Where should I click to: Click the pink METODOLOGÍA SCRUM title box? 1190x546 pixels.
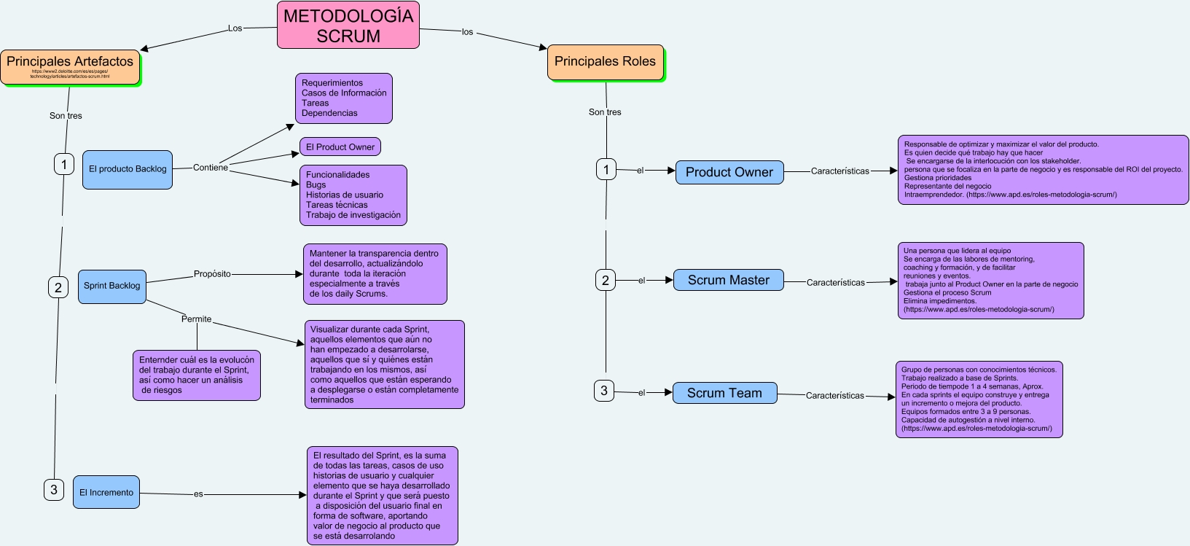pyautogui.click(x=348, y=26)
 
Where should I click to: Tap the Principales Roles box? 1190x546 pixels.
pyautogui.click(x=605, y=62)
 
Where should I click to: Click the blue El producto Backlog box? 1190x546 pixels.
pyautogui.click(x=128, y=169)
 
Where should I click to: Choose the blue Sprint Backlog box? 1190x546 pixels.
pyautogui.click(x=112, y=286)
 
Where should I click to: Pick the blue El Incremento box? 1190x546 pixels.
pyautogui.click(x=106, y=493)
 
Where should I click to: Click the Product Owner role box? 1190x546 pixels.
pyautogui.click(x=729, y=172)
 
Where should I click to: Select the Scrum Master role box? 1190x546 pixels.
pyautogui.click(x=728, y=280)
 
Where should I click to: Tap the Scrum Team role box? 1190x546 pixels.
pyautogui.click(x=724, y=393)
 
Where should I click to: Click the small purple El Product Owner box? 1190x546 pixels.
pyautogui.click(x=340, y=147)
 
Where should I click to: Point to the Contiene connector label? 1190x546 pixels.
pyautogui.click(x=211, y=168)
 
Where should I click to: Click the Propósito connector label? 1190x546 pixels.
pyautogui.click(x=212, y=274)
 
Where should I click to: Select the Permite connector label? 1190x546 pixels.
pyautogui.click(x=196, y=319)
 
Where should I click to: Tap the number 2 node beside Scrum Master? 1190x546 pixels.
pyautogui.click(x=606, y=280)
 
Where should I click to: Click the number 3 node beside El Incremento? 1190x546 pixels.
pyautogui.click(x=54, y=490)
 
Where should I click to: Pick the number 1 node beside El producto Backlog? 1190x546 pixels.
pyautogui.click(x=64, y=164)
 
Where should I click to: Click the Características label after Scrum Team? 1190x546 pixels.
pyautogui.click(x=834, y=396)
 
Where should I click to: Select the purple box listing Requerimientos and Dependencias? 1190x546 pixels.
pyautogui.click(x=344, y=98)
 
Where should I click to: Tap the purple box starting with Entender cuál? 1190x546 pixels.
pyautogui.click(x=197, y=375)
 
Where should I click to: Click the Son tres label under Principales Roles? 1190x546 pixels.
pyautogui.click(x=605, y=112)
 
